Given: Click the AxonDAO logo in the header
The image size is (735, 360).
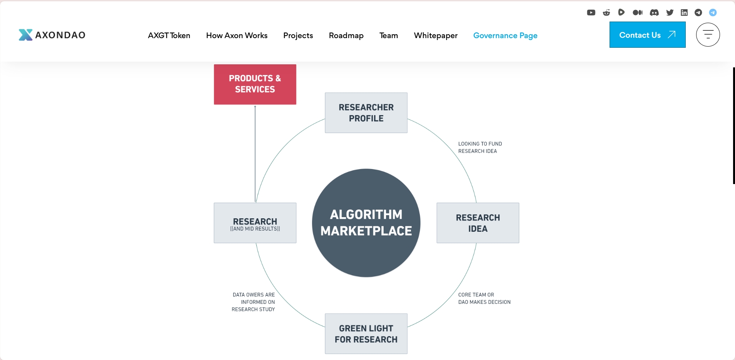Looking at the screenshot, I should click(52, 35).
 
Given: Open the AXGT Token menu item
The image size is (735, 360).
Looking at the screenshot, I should click(169, 35).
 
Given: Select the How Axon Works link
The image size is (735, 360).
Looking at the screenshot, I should click(237, 35).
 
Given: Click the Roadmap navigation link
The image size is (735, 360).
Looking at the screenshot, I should click(346, 35).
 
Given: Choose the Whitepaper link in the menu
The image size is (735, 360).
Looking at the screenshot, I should click(436, 35).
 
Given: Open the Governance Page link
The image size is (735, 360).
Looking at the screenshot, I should click(505, 35).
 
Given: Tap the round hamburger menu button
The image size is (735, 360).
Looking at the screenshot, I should click(708, 35).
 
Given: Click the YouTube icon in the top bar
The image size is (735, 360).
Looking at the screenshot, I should click(591, 13).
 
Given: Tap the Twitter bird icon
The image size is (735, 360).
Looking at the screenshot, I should click(670, 13).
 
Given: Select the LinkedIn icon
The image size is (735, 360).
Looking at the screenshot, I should click(684, 13).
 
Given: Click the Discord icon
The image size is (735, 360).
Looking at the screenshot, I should click(654, 13).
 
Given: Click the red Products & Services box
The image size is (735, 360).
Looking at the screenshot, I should click(255, 84).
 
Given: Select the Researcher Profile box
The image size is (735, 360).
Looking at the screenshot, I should click(366, 113).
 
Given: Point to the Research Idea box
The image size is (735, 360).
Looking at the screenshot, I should click(478, 223).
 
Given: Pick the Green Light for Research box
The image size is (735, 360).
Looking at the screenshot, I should click(366, 334).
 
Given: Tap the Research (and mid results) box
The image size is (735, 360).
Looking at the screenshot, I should click(255, 223).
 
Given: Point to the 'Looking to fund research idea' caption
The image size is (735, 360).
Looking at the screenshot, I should click(480, 147).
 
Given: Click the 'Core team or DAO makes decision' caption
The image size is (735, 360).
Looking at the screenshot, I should click(484, 298).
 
